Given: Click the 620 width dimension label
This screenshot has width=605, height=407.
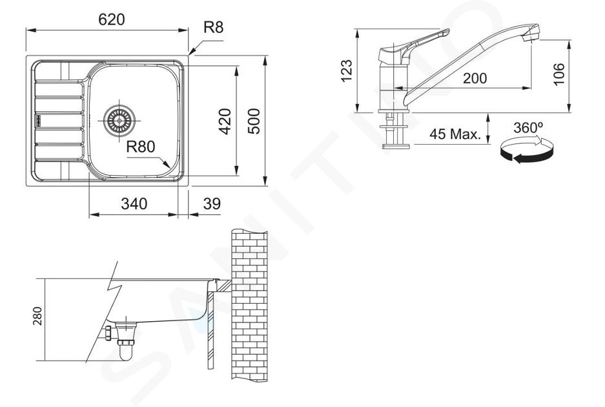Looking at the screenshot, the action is (x=112, y=19).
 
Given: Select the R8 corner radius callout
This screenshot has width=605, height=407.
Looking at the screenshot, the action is (x=213, y=27).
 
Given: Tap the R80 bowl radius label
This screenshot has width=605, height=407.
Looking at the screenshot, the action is (x=141, y=147).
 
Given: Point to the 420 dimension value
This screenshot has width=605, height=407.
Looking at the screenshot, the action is (x=225, y=121).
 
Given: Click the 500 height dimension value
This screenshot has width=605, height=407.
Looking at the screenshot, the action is (x=254, y=121).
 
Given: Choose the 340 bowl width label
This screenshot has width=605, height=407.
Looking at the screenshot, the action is (x=134, y=203).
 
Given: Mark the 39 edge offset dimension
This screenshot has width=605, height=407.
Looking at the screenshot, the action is (x=212, y=203).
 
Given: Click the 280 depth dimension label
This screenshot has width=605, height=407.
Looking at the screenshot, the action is (x=37, y=316).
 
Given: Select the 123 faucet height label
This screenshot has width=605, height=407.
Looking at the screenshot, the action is (x=347, y=70).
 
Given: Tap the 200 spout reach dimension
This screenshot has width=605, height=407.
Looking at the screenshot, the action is (x=475, y=78).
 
